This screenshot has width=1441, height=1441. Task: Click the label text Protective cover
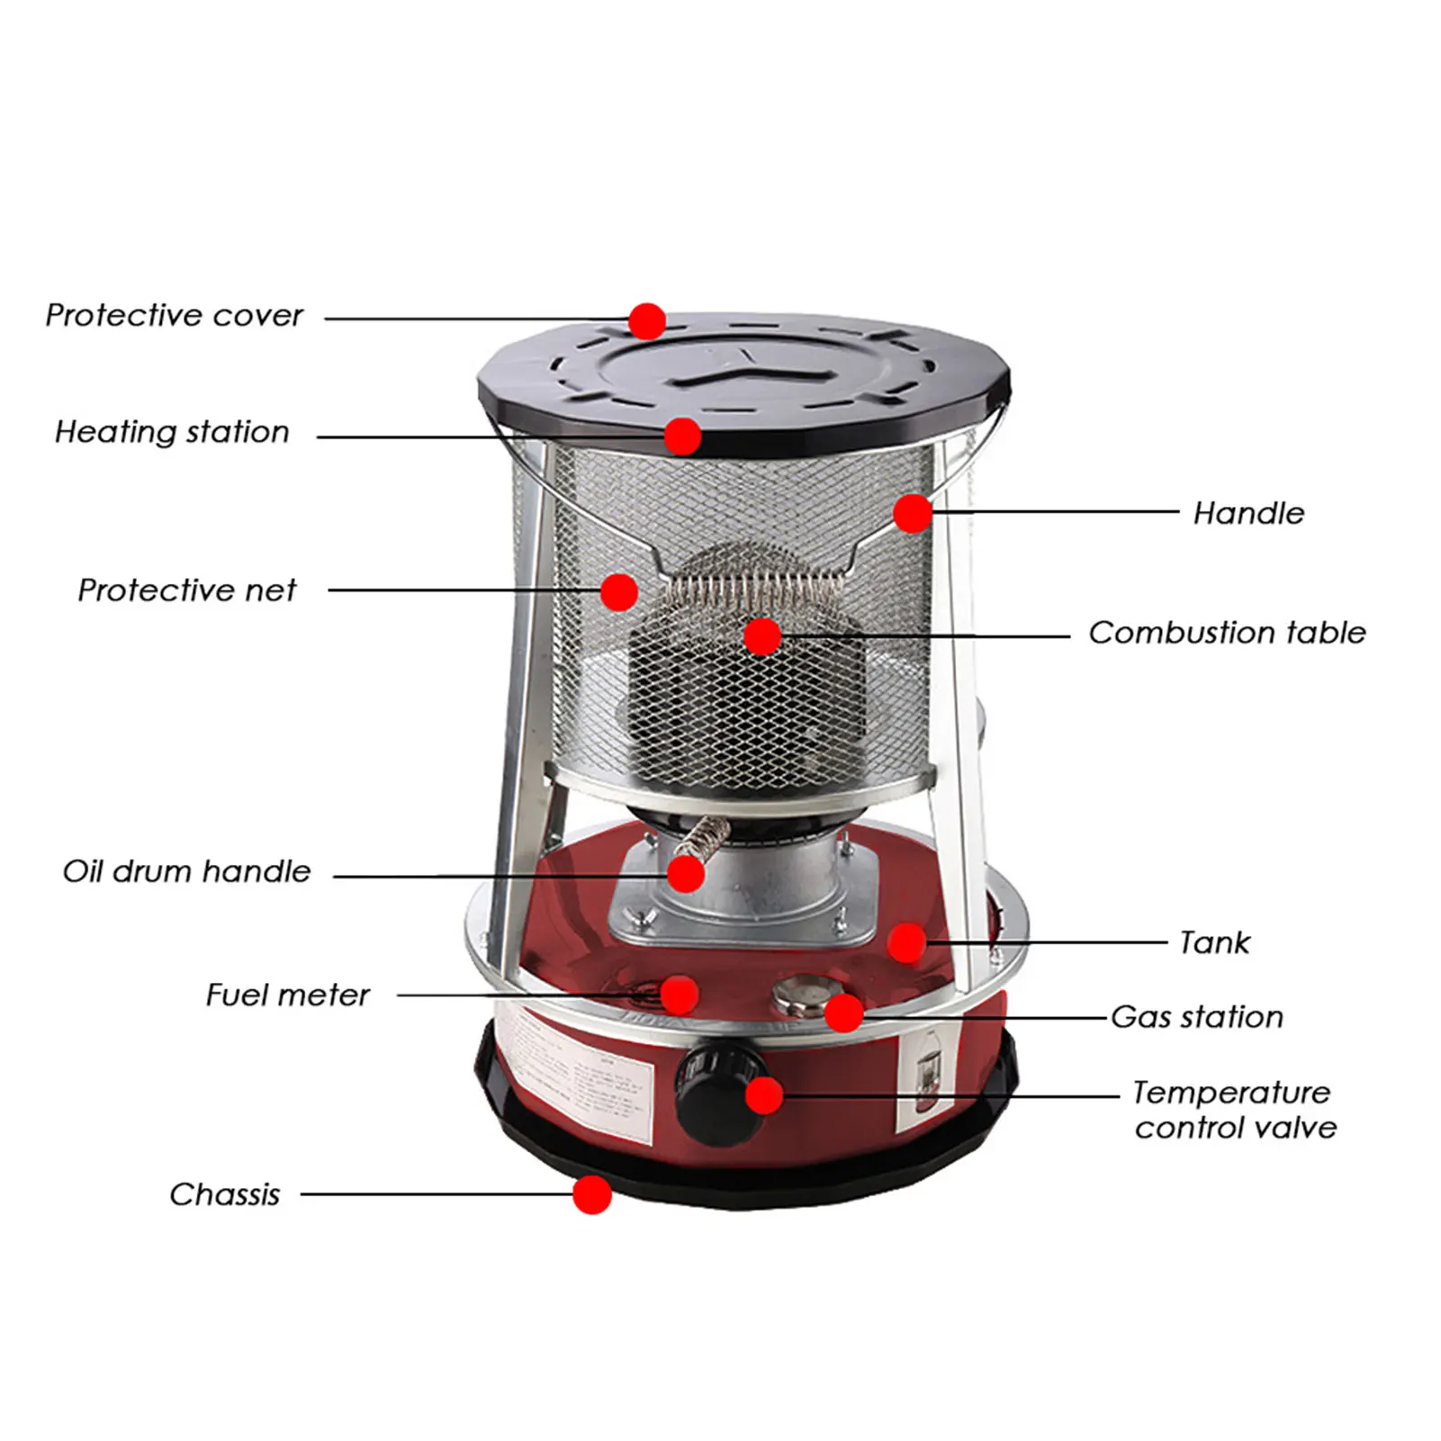click(174, 316)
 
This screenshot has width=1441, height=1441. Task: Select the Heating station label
click(172, 432)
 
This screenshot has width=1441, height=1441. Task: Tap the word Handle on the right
click(1248, 513)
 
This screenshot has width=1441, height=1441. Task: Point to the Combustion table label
click(1226, 633)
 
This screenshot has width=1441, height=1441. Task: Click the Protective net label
click(186, 590)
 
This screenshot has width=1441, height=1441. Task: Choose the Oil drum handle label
click(186, 871)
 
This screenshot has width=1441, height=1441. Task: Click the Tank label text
click(1214, 942)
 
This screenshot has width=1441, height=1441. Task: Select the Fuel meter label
click(287, 995)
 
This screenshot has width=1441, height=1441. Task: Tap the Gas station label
click(1197, 1017)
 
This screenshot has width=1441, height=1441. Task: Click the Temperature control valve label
click(1234, 1110)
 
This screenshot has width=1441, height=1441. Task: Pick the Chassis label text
click(225, 1194)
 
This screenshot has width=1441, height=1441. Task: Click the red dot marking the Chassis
click(592, 1194)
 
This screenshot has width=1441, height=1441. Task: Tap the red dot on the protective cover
click(647, 320)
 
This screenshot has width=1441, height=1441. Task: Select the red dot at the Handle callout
click(912, 513)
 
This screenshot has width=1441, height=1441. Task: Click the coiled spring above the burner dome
click(754, 592)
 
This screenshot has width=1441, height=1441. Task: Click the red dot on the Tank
click(906, 942)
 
